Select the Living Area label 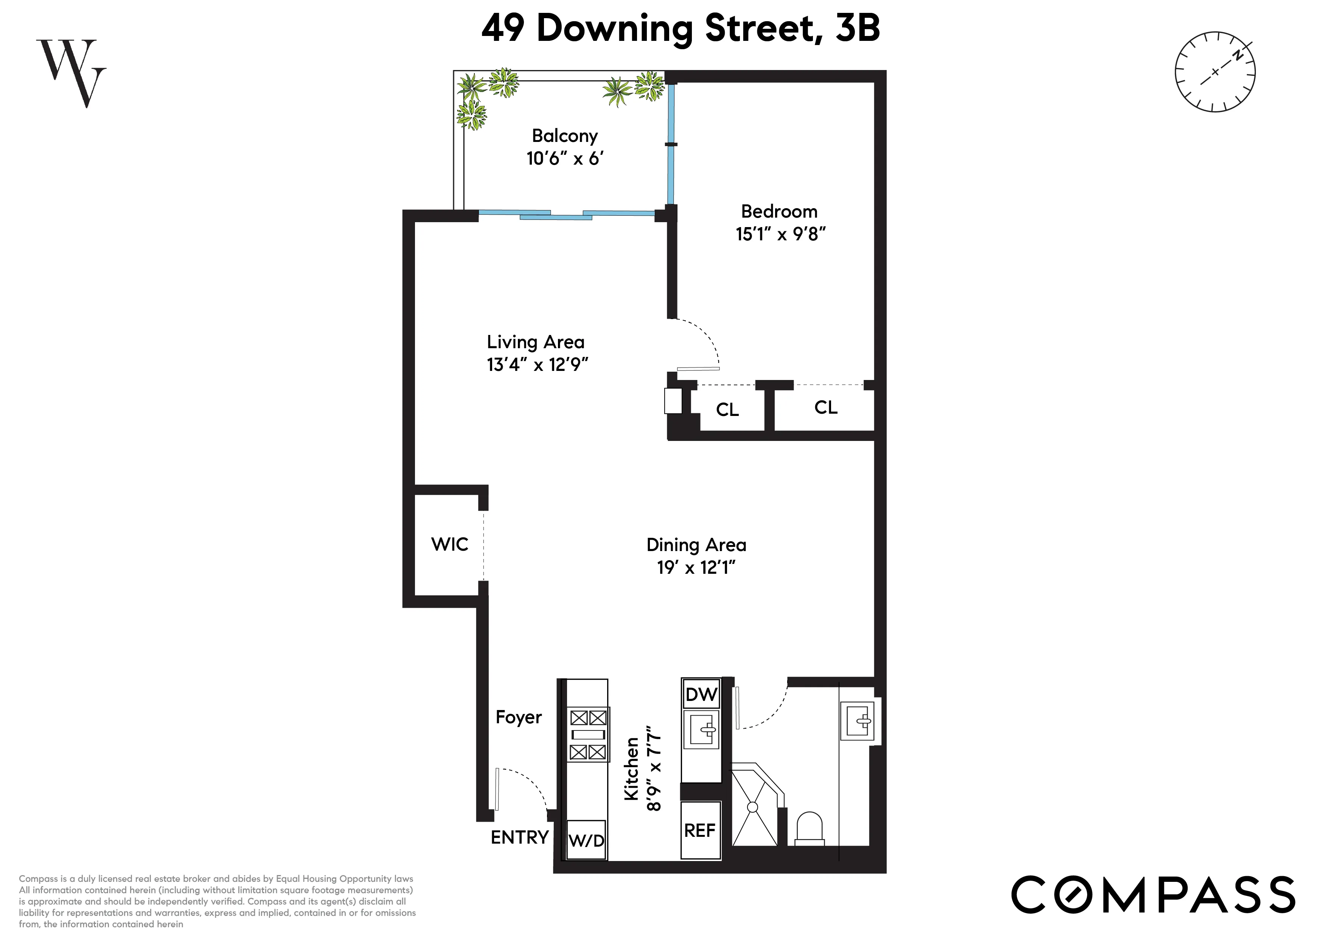(535, 342)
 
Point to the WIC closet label (450, 544)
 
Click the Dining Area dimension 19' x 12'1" (696, 568)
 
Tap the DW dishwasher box (701, 694)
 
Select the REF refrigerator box (700, 831)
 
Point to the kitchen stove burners (588, 734)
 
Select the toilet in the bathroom (809, 828)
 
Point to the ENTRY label (519, 837)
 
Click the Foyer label (519, 718)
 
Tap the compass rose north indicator (1237, 56)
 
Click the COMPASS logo (1153, 894)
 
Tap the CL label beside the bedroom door (727, 410)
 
